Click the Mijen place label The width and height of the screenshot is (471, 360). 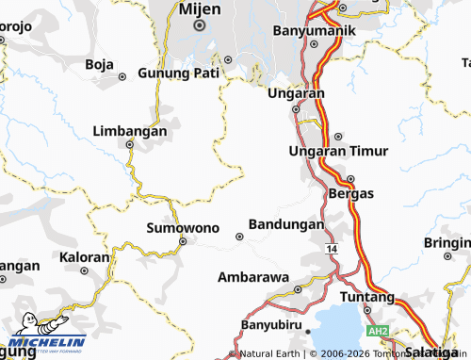pyautogui.click(x=200, y=8)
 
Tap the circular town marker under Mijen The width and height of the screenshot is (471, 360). pyautogui.click(x=200, y=26)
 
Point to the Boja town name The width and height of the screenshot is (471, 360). pyautogui.click(x=99, y=64)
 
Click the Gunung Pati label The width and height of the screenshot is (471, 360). pyautogui.click(x=178, y=74)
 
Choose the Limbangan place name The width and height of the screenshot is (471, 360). pyautogui.click(x=130, y=132)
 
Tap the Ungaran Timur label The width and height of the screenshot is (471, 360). pyautogui.click(x=337, y=152)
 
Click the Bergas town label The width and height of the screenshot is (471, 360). pyautogui.click(x=351, y=193)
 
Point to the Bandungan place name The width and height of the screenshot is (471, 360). pyautogui.click(x=285, y=225)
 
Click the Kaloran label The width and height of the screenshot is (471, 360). pyautogui.click(x=85, y=256)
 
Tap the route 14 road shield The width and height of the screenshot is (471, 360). pyautogui.click(x=333, y=248)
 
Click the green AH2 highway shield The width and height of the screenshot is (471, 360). pyautogui.click(x=379, y=332)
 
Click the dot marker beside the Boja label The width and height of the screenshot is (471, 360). pyautogui.click(x=122, y=76)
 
